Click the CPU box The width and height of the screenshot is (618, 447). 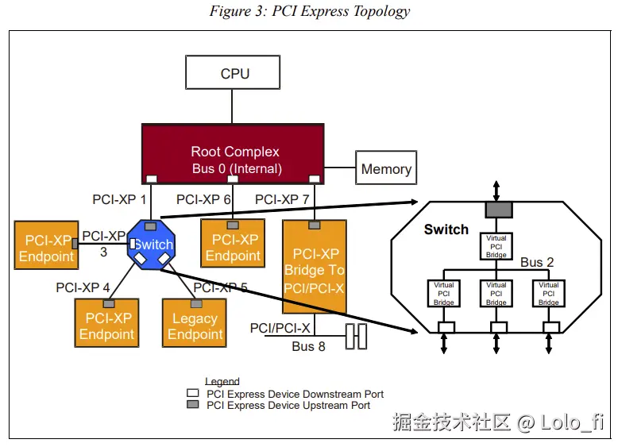(233, 73)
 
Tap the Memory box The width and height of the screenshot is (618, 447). (386, 168)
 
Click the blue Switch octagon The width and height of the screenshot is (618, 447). (153, 245)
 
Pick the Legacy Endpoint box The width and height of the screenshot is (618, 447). (195, 323)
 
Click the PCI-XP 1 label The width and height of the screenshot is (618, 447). (119, 199)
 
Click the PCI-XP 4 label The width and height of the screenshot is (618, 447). (83, 287)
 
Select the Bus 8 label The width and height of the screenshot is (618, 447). (308, 346)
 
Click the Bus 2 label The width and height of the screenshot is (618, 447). (537, 262)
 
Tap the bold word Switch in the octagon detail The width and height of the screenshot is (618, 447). (446, 229)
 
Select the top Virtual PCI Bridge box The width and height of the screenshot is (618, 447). (496, 246)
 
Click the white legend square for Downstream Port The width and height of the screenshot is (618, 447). (192, 394)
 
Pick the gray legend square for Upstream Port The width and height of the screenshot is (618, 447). (192, 405)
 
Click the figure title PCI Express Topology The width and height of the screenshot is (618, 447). (310, 11)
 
